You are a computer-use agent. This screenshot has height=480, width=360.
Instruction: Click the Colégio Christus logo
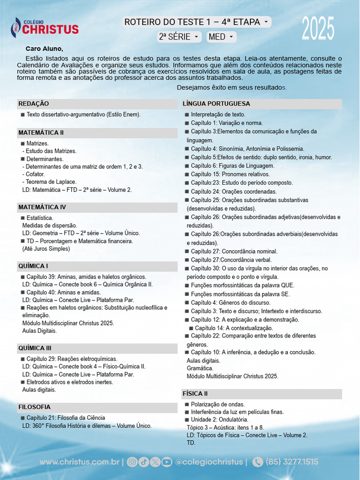[45, 27]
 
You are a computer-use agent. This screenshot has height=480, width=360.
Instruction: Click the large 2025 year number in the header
[318, 29]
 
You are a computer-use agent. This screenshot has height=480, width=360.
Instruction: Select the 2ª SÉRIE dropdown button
[179, 37]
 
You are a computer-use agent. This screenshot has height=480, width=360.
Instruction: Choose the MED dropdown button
[221, 37]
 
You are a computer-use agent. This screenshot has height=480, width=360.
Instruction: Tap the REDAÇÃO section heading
[33, 104]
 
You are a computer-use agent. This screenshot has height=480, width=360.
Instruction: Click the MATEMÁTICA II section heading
[41, 133]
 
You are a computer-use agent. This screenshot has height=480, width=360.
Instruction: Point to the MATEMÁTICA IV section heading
[42, 207]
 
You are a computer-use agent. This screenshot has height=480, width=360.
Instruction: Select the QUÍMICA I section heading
[33, 266]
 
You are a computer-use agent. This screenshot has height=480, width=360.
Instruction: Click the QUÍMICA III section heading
[35, 348]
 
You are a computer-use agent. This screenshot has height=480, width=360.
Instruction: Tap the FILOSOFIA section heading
[34, 407]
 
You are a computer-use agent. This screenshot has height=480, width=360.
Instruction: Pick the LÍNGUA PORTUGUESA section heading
[216, 104]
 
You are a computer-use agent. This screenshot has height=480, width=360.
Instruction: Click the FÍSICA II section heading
[195, 394]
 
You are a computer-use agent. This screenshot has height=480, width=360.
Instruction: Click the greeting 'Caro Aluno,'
[44, 48]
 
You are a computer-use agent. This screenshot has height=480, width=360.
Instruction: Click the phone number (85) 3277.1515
[292, 462]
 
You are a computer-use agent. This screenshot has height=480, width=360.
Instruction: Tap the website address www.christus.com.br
[79, 462]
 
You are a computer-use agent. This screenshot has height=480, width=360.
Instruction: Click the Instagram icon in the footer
[132, 462]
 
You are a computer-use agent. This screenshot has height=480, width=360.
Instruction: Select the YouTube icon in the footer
[166, 462]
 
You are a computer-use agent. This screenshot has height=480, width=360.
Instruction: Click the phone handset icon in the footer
[257, 462]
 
